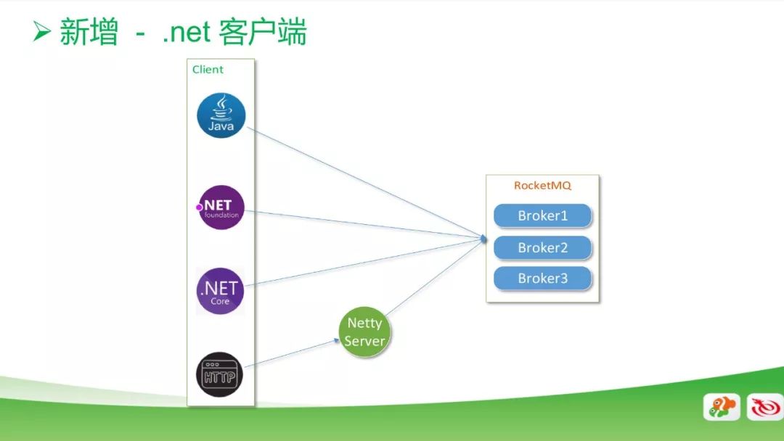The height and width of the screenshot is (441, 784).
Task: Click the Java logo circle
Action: tap(221, 115)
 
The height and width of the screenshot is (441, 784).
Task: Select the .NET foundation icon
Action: tap(221, 207)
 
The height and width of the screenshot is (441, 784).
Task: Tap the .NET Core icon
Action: tap(220, 291)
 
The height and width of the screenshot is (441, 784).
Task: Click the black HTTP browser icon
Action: tap(219, 374)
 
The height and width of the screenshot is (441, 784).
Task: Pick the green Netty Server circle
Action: tap(364, 332)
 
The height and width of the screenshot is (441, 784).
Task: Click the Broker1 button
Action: tap(542, 215)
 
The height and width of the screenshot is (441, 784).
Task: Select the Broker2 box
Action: tap(542, 248)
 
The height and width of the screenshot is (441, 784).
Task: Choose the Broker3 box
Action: tap(542, 279)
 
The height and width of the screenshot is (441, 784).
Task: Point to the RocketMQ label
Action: tap(542, 185)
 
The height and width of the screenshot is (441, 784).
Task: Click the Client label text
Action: tap(208, 70)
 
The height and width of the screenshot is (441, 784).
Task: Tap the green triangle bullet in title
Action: tap(41, 31)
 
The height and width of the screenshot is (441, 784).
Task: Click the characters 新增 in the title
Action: tap(89, 32)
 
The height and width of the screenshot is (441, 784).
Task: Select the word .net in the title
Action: tap(186, 33)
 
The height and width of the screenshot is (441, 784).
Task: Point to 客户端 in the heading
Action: tap(263, 32)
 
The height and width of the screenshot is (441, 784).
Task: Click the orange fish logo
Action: tap(722, 407)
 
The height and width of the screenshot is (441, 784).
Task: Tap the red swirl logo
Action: tap(765, 407)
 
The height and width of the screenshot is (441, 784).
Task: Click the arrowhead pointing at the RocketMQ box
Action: tap(483, 239)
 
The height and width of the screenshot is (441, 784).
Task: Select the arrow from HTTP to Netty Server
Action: tap(292, 354)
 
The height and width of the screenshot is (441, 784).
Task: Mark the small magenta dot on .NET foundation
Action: tap(199, 207)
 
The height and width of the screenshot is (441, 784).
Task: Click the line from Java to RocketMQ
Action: tap(367, 183)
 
